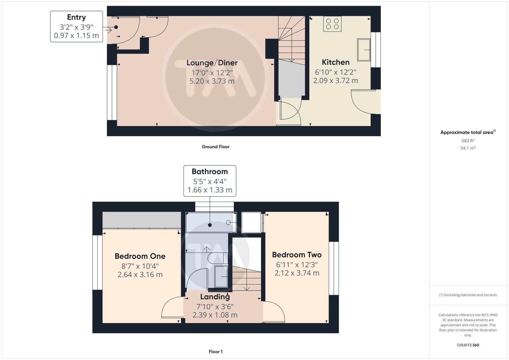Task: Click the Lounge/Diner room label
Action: [x=212, y=63]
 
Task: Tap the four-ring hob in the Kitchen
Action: [x=332, y=24]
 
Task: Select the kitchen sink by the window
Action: [x=364, y=50]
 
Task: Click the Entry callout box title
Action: [x=76, y=17]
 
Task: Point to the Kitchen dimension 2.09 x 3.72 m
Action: [x=335, y=80]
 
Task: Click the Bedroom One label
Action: [x=140, y=256]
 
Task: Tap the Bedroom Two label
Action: [x=297, y=255]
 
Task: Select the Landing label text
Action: [x=215, y=297]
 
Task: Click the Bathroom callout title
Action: [x=210, y=171]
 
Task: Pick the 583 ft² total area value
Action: [x=468, y=141]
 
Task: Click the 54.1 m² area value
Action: [x=468, y=148]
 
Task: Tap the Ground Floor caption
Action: [x=215, y=147]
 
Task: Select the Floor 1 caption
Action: [x=215, y=352]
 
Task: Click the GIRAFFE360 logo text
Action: [x=468, y=345]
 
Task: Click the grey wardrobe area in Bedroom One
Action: [x=142, y=220]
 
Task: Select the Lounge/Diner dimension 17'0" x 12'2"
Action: [x=212, y=73]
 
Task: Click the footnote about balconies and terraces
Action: [x=468, y=295]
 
